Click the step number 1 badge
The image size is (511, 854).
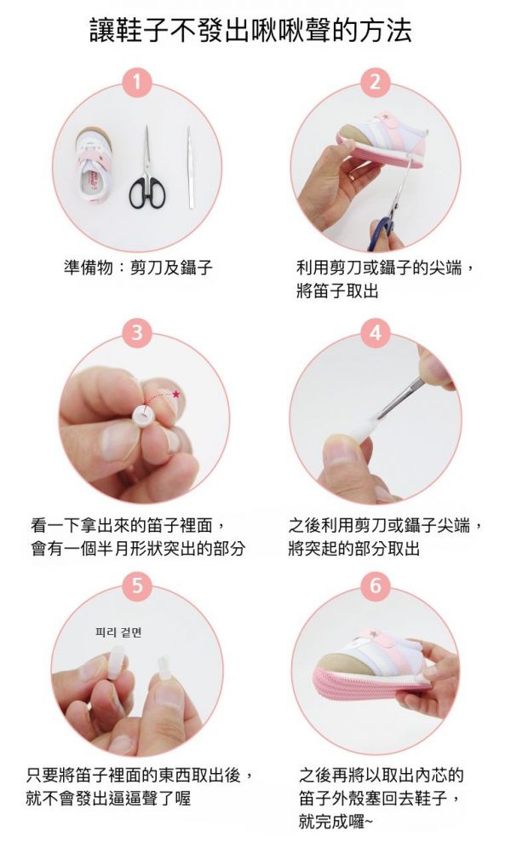(x=136, y=83)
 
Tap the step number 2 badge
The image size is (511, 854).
(x=375, y=83)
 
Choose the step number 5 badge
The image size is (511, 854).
(x=136, y=586)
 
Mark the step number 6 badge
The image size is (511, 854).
(x=375, y=586)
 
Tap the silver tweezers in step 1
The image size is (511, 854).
(x=192, y=166)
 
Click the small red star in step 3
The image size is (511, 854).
(x=176, y=395)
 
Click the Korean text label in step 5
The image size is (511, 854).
(x=118, y=632)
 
